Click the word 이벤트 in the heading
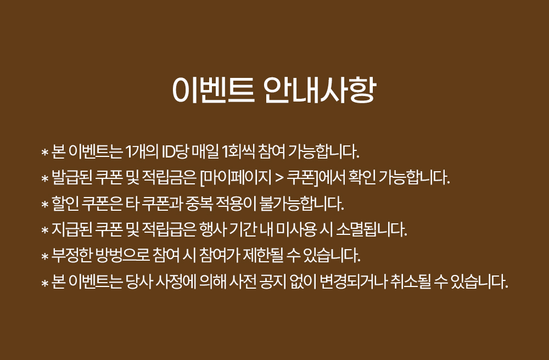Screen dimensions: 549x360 (x=213, y=90)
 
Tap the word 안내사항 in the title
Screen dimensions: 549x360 (x=320, y=90)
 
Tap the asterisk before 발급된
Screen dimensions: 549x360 (x=44, y=178)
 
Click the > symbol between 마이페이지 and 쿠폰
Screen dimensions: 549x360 (x=279, y=178)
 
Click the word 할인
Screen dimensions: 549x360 (x=65, y=203)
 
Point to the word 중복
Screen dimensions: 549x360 (x=199, y=203)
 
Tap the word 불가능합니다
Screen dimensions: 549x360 (x=301, y=203)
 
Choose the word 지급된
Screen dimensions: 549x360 (x=72, y=229)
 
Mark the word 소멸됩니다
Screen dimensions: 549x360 (x=372, y=229)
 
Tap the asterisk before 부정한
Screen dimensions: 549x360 (x=44, y=256)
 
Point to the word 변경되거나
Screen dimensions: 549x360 (x=354, y=281)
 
